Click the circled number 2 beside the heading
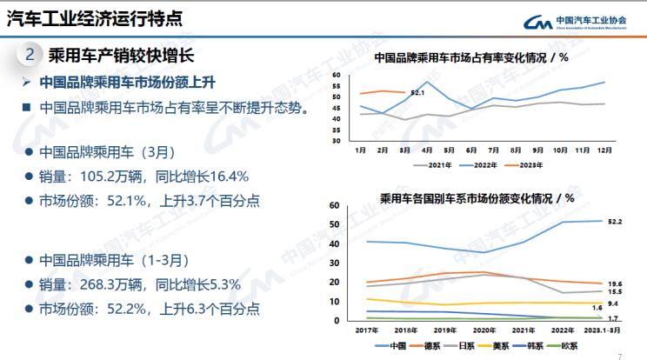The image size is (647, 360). click(30, 55)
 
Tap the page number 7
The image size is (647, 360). click(619, 355)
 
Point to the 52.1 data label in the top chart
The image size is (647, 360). click(417, 93)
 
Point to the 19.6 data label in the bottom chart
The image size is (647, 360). click(615, 284)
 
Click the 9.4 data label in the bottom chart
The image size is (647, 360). click(613, 303)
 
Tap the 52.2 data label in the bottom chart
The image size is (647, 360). click(615, 222)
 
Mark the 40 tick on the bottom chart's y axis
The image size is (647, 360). click(333, 243)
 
